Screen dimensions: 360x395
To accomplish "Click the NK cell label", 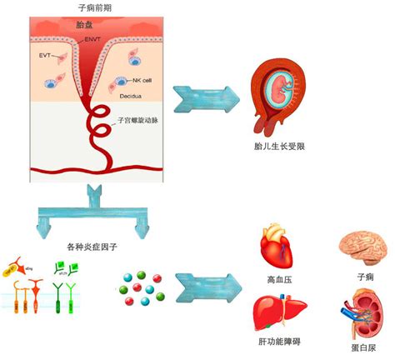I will [141, 80].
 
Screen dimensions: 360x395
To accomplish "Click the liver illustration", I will [277, 315].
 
